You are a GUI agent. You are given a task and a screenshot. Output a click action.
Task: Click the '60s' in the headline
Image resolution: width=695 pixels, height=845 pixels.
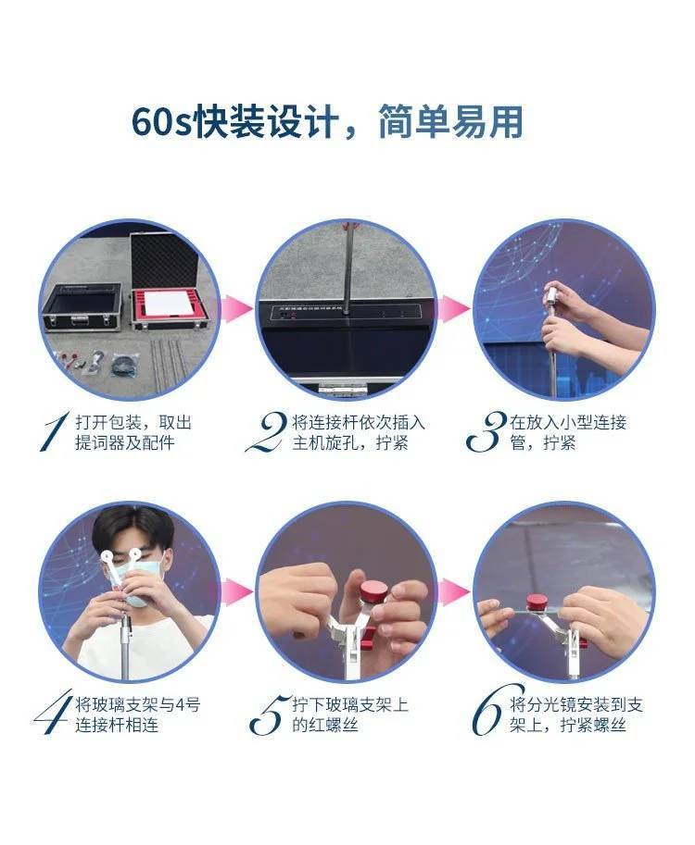pyautogui.click(x=162, y=123)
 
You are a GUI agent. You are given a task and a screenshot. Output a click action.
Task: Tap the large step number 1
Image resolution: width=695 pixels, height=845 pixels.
pyautogui.click(x=55, y=431)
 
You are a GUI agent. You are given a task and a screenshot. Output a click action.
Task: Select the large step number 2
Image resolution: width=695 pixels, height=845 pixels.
pyautogui.click(x=267, y=431)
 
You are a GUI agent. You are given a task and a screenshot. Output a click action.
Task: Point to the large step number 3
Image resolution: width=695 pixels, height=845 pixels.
pyautogui.click(x=486, y=431)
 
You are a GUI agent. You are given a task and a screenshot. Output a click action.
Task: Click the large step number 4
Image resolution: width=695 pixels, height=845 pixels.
pyautogui.click(x=53, y=712)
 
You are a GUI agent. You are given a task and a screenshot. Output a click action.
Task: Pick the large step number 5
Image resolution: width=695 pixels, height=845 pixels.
pyautogui.click(x=268, y=715)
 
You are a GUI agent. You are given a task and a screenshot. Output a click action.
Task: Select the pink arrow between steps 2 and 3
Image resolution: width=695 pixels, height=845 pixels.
pyautogui.click(x=454, y=310)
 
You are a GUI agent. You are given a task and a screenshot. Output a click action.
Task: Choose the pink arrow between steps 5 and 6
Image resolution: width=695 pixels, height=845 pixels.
pyautogui.click(x=454, y=592)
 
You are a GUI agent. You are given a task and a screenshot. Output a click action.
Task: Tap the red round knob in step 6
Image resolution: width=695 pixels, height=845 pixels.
pyautogui.click(x=539, y=603)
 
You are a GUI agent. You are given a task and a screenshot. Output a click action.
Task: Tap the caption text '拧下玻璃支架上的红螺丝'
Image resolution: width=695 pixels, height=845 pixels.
pyautogui.click(x=350, y=715)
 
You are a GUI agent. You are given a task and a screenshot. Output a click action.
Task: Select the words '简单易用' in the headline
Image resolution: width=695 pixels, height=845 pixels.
pyautogui.click(x=450, y=123)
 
